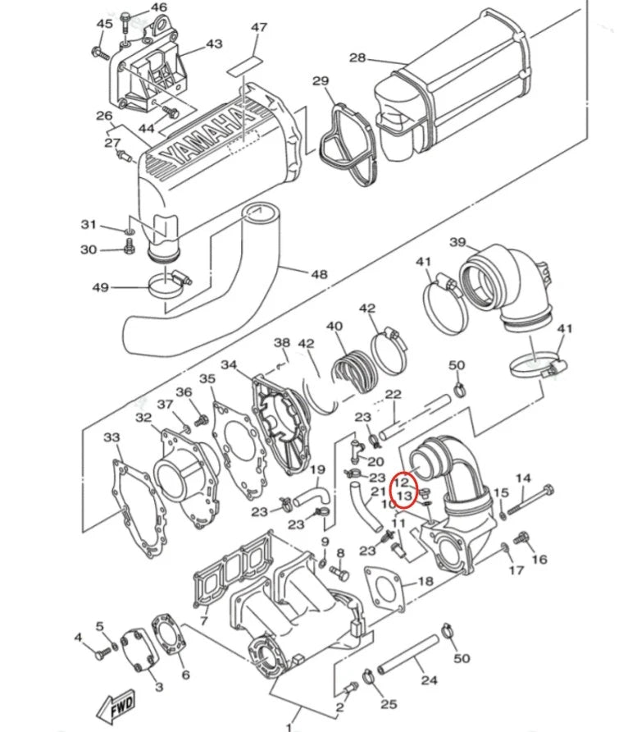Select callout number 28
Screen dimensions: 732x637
click(357, 58)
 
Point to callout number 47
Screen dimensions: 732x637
click(259, 27)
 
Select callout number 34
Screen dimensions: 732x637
click(229, 364)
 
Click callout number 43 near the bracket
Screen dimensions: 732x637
click(214, 43)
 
